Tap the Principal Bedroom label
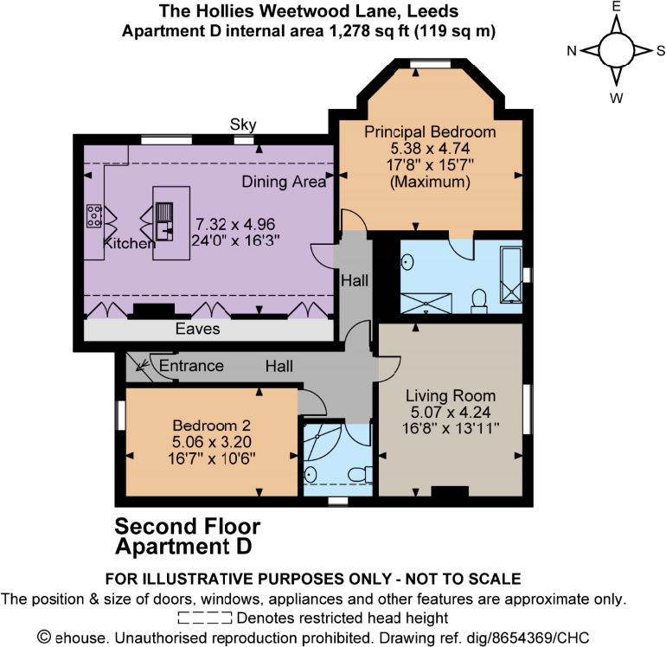pyautogui.click(x=430, y=132)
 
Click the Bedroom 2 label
pyautogui.click(x=212, y=426)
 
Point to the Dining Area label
pyautogui.click(x=284, y=182)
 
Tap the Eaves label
pyautogui.click(x=198, y=330)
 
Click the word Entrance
pyautogui.click(x=191, y=366)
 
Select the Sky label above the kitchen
pyautogui.click(x=243, y=125)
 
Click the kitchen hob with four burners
pyautogui.click(x=94, y=215)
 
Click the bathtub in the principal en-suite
pyautogui.click(x=511, y=275)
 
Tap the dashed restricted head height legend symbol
pyautogui.click(x=204, y=618)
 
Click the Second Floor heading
pyautogui.click(x=188, y=526)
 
